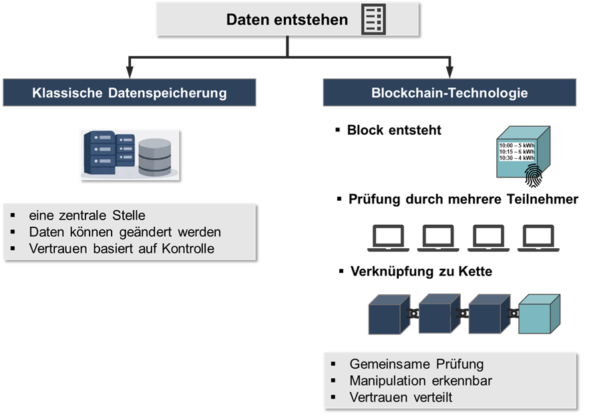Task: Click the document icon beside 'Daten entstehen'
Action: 373,19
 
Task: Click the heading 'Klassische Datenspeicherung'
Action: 129,93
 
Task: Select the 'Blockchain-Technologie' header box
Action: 449,93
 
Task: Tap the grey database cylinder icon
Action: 154,157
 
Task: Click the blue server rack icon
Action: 108,154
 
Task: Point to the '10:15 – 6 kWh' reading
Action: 517,151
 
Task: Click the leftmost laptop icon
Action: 387,238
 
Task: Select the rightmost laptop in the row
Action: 538,238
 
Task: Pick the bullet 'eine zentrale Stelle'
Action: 87,216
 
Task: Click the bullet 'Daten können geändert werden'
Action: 125,232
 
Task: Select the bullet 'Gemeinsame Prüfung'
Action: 416,364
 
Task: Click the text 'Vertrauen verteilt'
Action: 400,398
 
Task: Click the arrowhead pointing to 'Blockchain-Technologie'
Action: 449,70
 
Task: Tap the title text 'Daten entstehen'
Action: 287,19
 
